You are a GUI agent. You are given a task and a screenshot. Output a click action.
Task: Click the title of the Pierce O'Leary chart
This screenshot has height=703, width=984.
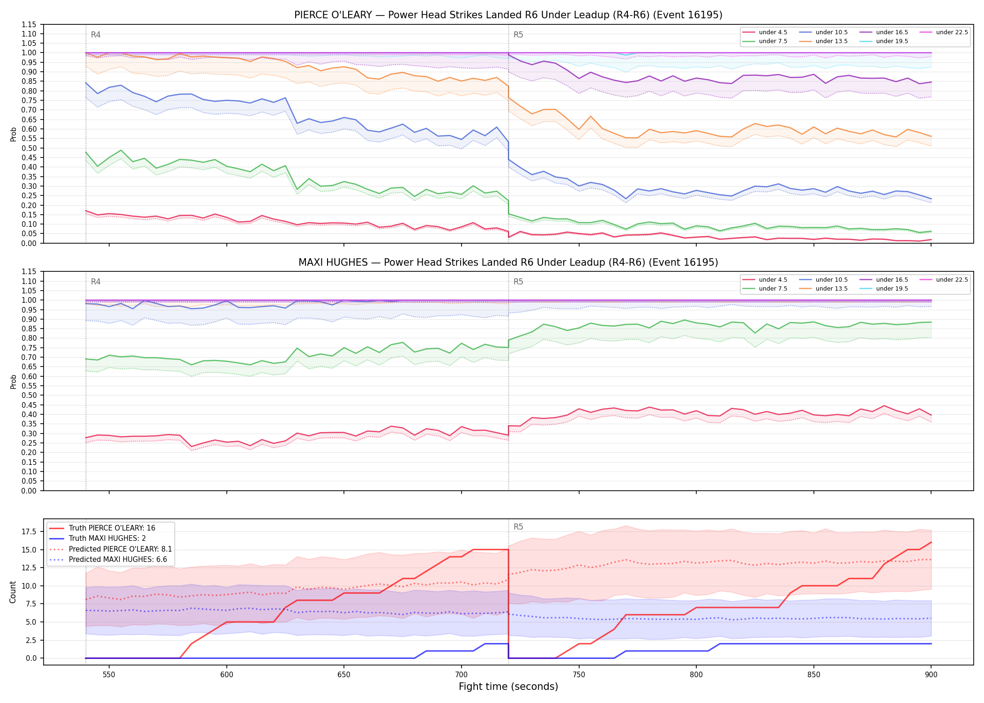click(x=508, y=15)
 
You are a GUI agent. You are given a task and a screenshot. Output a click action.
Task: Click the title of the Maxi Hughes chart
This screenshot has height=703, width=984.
click(x=508, y=262)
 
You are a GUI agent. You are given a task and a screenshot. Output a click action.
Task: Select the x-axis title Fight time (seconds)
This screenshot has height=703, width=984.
click(x=508, y=687)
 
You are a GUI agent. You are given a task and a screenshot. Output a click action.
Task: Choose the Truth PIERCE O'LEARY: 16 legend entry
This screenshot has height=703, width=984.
click(x=102, y=528)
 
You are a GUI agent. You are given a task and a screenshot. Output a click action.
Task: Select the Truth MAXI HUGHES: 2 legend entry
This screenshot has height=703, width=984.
click(x=97, y=538)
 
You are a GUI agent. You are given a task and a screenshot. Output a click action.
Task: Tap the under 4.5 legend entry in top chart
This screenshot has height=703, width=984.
click(x=765, y=32)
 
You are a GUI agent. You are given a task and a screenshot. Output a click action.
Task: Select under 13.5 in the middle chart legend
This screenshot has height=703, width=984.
click(x=824, y=289)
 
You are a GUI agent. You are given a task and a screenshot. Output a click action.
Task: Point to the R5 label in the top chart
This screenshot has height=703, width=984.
click(x=518, y=35)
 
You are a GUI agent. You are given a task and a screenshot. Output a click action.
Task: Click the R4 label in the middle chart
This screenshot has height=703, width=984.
click(x=96, y=282)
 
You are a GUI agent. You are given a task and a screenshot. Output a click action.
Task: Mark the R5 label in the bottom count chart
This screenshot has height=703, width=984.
click(x=518, y=527)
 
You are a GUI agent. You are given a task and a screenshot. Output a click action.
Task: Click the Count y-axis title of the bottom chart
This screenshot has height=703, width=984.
click(x=13, y=592)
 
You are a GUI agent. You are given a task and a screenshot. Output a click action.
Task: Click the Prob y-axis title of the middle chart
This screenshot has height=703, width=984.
click(x=14, y=381)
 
